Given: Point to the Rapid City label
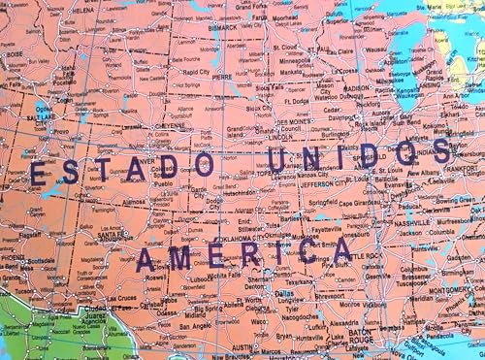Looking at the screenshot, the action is pos(195,72).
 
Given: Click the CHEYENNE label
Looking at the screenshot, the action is pos(171,126).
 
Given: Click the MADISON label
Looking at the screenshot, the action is pos(357,88).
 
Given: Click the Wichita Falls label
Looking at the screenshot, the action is pos(229,275).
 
